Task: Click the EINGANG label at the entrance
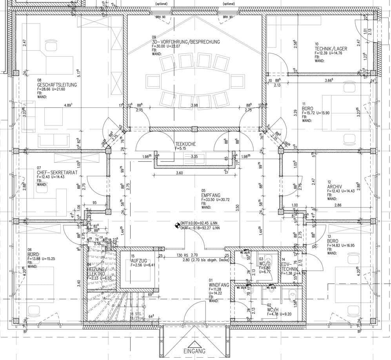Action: [195, 351]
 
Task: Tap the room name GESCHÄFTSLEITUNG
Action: [57, 85]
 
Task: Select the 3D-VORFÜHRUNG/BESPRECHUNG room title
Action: [186, 42]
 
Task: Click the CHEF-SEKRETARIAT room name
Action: [57, 172]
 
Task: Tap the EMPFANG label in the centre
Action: [211, 195]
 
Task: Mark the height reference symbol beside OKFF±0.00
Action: [177, 225]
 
